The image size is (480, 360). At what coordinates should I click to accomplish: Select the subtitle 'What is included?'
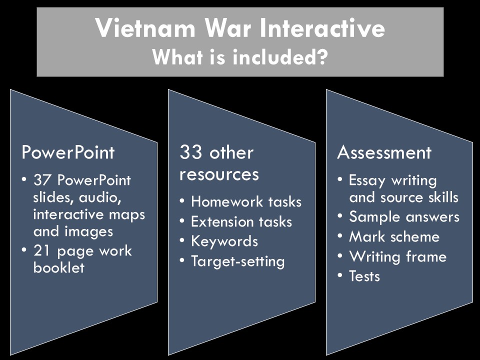[240, 57]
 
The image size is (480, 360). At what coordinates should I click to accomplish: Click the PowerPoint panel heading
[67, 152]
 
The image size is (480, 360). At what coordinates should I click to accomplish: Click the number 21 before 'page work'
[41, 250]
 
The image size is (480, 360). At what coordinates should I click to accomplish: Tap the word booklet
[59, 267]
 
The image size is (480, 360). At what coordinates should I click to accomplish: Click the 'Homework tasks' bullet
[246, 201]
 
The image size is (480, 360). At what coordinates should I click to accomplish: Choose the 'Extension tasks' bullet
[241, 221]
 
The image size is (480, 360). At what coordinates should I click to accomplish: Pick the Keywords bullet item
[224, 241]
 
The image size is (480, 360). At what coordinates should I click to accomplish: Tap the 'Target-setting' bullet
[237, 261]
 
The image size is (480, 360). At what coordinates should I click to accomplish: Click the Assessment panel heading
[384, 152]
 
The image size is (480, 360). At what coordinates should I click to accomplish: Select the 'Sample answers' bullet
[404, 217]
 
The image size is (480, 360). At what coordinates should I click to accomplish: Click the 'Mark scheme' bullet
[394, 236]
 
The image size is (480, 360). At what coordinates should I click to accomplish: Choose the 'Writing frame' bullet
[397, 256]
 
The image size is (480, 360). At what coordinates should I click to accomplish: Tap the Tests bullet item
[364, 276]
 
